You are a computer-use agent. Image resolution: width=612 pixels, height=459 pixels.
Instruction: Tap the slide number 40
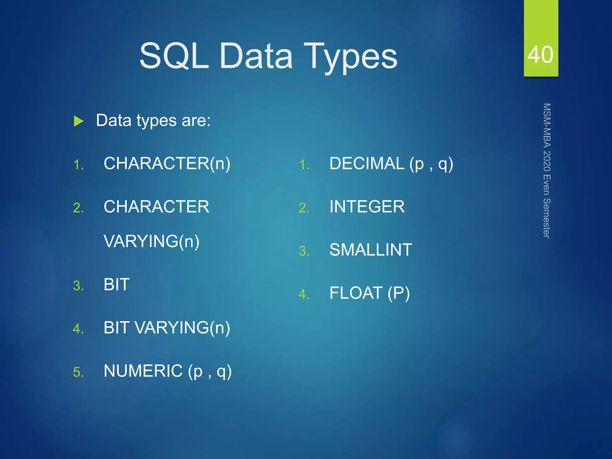540,55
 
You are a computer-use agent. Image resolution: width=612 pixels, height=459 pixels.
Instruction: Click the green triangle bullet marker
79,121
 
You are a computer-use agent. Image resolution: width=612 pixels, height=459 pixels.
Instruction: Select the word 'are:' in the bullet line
196,120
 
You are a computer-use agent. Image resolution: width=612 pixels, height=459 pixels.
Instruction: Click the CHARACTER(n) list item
167,163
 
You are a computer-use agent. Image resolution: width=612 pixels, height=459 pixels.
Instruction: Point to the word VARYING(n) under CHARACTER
151,241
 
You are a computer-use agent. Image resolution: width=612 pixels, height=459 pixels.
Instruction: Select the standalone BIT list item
117,284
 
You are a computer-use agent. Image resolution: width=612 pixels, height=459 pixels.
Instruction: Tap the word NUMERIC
143,371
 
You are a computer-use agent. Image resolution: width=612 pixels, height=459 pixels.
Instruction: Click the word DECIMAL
367,163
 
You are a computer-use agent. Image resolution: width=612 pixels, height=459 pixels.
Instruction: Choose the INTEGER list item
367,206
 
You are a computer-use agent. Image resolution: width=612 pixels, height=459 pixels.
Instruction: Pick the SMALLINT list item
371,250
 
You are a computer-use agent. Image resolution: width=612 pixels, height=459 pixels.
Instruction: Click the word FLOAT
356,293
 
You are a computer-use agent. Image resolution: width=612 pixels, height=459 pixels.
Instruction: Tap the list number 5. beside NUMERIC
78,372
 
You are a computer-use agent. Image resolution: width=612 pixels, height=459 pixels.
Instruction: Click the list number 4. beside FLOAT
304,294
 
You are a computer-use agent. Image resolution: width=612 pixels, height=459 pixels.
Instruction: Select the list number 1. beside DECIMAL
304,165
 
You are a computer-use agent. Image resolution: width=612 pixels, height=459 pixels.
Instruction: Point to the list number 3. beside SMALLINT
304,251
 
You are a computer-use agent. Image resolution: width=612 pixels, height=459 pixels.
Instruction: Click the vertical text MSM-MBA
547,125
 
